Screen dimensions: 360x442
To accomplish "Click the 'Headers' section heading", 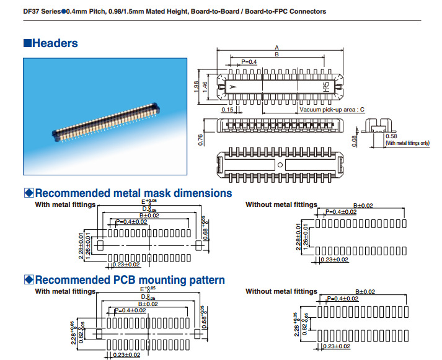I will pyautogui.click(x=55, y=43).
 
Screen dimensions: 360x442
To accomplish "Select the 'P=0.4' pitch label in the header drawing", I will pyautogui.click(x=249, y=62).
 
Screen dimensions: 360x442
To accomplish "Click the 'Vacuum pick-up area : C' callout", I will pyautogui.click(x=332, y=110).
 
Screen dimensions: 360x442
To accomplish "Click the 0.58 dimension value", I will pyautogui.click(x=391, y=136).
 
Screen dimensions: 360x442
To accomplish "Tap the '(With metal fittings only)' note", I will pyautogui.click(x=407, y=143).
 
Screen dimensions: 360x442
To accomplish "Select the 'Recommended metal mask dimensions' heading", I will pyautogui.click(x=133, y=193).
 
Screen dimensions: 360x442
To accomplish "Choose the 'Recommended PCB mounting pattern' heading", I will pyautogui.click(x=130, y=280).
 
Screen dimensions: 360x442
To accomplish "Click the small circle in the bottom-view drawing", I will pyautogui.click(x=280, y=165).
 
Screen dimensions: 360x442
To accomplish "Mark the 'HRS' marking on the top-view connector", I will pyautogui.click(x=326, y=86).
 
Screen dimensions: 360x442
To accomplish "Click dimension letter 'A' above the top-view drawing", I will pyautogui.click(x=277, y=48).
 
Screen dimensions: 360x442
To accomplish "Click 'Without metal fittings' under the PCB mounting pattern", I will pyautogui.click(x=281, y=291).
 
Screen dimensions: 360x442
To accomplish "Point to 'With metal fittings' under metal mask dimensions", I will pyautogui.click(x=65, y=204).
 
